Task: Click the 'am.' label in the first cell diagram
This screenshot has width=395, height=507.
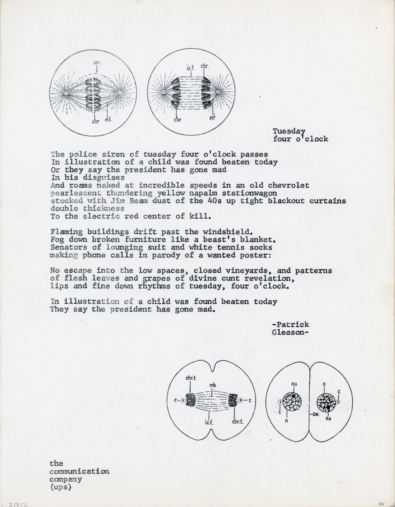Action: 96,63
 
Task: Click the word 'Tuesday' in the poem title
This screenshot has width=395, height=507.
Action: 289,131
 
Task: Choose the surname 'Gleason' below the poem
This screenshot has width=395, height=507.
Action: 289,332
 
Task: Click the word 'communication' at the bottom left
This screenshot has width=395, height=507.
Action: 79,471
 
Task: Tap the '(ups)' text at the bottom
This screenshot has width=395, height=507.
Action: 61,487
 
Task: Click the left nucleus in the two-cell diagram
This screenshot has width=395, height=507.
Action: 292,402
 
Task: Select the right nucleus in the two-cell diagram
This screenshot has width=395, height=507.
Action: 326,403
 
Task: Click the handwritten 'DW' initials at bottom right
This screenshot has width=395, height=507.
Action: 382,503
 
